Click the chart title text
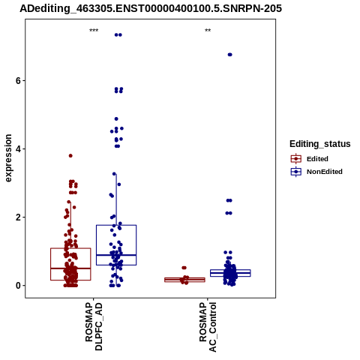tap(151, 8)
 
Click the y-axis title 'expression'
tap(8, 158)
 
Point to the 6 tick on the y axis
tap(24, 80)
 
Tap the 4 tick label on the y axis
tap(18, 149)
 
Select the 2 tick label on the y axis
tap(18, 217)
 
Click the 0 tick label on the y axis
tap(18, 286)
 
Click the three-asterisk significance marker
tap(94, 31)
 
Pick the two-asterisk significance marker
tap(208, 31)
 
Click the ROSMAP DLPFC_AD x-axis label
tap(94, 327)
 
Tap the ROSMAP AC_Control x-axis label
tap(208, 327)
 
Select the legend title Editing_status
tap(319, 144)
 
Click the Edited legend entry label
tap(317, 159)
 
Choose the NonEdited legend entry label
tap(325, 172)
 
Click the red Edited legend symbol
tap(296, 159)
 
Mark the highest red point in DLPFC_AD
tap(70, 156)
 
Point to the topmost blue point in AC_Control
tap(229, 55)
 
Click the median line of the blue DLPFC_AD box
tap(116, 255)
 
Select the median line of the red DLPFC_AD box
tap(70, 268)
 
